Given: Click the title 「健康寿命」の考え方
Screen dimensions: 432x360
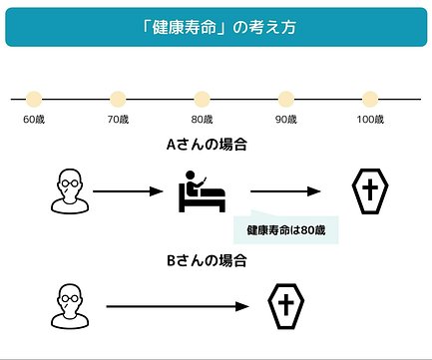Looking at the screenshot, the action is coord(218,27).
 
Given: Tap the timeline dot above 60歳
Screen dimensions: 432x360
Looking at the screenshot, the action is coord(34,99).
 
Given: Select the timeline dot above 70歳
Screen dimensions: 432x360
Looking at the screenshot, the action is coord(118,99).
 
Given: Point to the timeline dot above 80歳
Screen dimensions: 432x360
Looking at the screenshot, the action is coord(202,99).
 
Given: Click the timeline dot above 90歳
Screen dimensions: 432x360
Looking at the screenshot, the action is coord(286,99).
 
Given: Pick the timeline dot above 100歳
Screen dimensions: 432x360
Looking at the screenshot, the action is coord(370,99).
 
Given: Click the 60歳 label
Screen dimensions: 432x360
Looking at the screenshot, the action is coord(34,120).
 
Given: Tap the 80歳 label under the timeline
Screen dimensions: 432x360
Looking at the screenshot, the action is coord(202,120).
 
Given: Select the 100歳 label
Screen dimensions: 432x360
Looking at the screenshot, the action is coord(370,120).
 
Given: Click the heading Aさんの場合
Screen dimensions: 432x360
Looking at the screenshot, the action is coord(207,145).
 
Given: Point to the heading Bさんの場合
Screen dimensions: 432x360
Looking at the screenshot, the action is coord(207,260).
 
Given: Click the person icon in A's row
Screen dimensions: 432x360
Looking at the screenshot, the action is coord(70,191).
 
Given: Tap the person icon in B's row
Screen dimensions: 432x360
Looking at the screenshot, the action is coord(70,306).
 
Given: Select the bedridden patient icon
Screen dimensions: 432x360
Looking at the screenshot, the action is coord(203,191).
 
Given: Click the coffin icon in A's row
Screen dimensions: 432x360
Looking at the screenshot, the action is coord(370,191).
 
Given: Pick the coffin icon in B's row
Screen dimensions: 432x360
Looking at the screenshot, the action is coord(286,306).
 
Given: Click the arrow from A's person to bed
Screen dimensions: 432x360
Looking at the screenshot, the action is coord(128,191).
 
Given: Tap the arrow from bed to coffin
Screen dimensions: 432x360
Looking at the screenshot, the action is coord(285,191).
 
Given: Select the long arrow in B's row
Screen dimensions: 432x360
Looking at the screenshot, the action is coord(178,306).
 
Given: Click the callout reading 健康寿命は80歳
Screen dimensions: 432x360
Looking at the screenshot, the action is coord(286,230).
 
